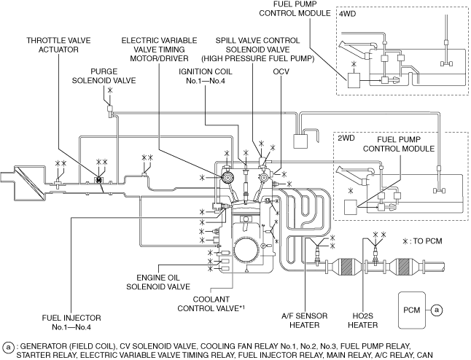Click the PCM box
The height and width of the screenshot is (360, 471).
(412, 310)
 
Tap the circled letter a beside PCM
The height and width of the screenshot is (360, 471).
(437, 310)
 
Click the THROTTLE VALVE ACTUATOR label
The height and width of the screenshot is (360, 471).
(58, 45)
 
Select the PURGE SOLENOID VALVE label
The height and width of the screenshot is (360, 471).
(104, 76)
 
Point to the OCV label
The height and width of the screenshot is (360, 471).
(281, 71)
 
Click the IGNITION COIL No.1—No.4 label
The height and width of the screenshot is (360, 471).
(206, 77)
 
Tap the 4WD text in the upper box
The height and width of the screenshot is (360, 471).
(348, 14)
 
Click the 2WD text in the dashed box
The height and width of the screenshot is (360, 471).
(346, 138)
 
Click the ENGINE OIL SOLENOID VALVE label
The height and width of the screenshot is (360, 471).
(158, 282)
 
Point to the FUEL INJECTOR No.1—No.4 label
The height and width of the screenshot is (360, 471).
(71, 322)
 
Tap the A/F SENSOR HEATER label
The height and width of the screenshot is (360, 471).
(305, 321)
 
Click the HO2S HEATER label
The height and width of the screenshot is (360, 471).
(363, 321)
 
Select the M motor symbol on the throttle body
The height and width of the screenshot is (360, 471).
(99, 180)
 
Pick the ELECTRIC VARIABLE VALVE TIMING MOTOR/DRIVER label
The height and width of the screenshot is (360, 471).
(159, 50)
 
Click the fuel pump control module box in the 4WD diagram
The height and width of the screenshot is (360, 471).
(354, 80)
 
